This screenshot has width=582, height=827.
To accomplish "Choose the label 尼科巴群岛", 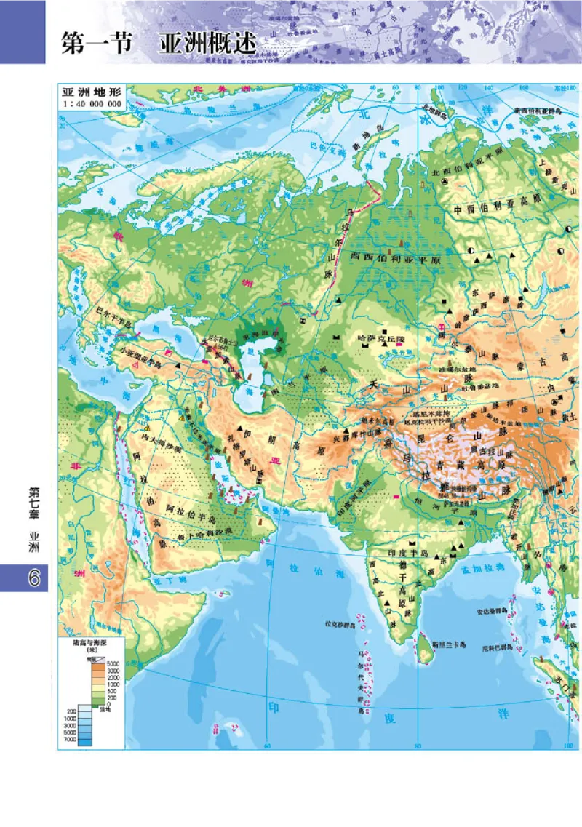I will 499,647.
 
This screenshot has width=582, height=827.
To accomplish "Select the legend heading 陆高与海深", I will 92,642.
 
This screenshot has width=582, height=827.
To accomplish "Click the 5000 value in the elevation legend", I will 114,664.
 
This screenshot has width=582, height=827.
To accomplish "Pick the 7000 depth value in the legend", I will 71,740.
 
